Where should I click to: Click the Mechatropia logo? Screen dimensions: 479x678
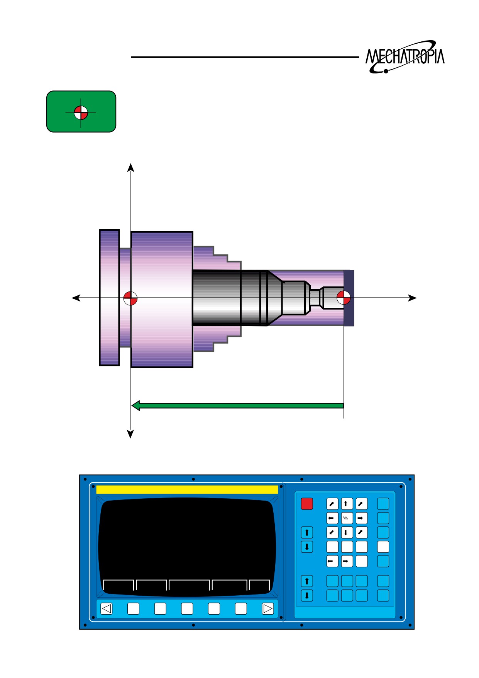pyautogui.click(x=405, y=57)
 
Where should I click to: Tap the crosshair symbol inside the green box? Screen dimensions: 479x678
pyautogui.click(x=81, y=113)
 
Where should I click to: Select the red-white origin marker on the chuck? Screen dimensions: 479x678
pyautogui.click(x=130, y=298)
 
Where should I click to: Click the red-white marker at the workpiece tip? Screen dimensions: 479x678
pyautogui.click(x=344, y=298)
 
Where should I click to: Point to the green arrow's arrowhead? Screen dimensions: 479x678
pyautogui.click(x=135, y=405)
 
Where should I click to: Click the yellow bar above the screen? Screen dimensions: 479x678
pyautogui.click(x=187, y=489)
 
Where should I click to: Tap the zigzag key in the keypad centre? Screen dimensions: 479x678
pyautogui.click(x=347, y=518)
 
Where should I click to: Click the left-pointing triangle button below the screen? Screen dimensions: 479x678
pyautogui.click(x=107, y=609)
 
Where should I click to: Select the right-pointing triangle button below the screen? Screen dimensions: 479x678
pyautogui.click(x=267, y=609)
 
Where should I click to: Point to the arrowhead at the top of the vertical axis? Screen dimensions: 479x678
pyautogui.click(x=131, y=167)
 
